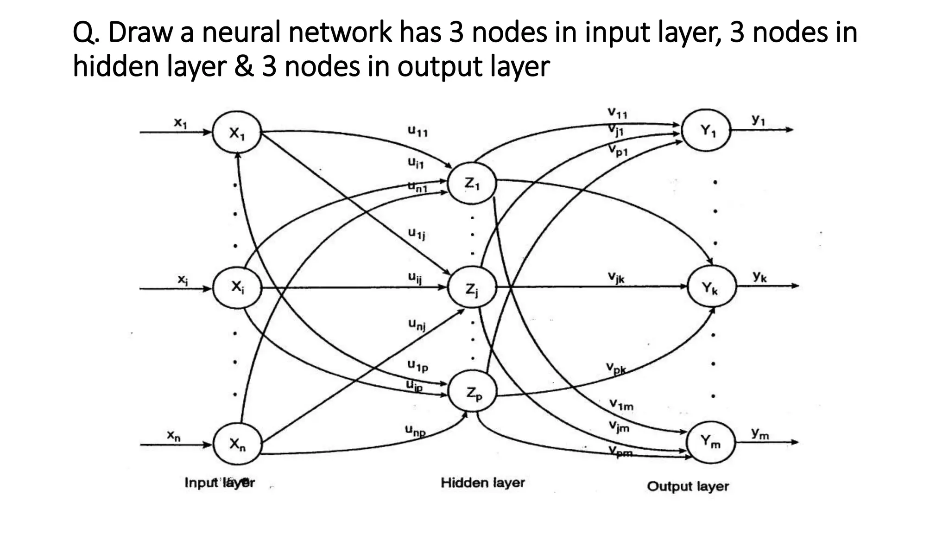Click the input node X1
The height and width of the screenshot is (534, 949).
tap(236, 133)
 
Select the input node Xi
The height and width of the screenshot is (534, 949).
tap(237, 287)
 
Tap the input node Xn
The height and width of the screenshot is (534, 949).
tap(237, 444)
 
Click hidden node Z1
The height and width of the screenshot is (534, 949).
tap(472, 184)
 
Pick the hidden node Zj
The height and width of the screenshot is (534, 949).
tap(472, 288)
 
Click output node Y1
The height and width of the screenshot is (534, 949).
tap(707, 130)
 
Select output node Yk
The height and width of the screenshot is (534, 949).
tap(710, 287)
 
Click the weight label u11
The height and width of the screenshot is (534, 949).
tap(418, 132)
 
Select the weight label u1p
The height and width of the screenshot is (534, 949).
tap(418, 366)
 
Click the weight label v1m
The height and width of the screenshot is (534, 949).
tap(621, 406)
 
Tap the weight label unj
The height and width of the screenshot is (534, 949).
tap(417, 324)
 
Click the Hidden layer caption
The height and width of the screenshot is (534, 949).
tap(482, 483)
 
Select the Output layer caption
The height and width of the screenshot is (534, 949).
tap(688, 486)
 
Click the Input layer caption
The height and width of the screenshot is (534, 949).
tap(220, 483)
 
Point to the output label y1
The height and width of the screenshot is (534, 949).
tap(758, 120)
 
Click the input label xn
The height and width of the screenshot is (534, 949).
tap(174, 436)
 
